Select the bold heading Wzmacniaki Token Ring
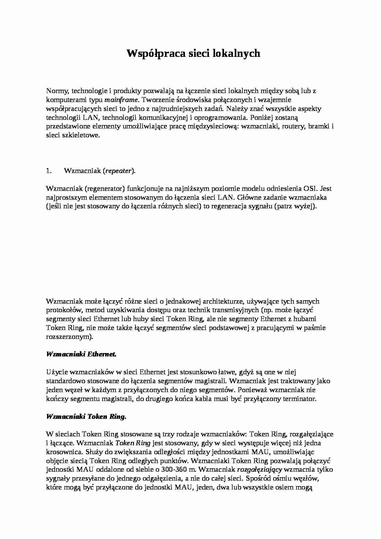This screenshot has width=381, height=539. (86, 417)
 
